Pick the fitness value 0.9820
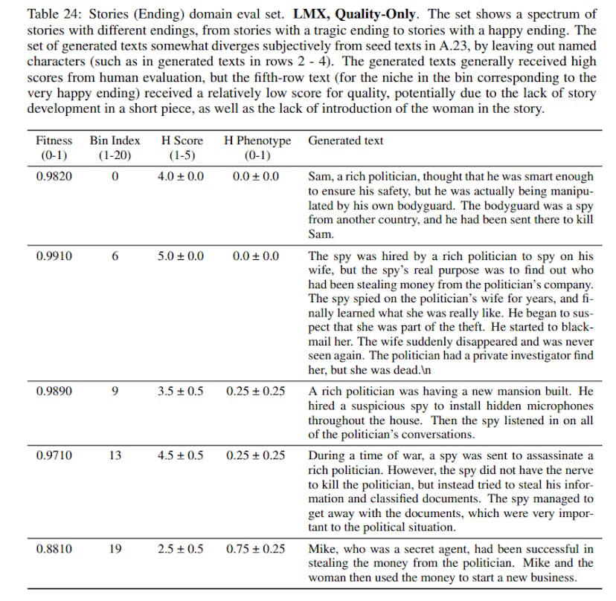pos(54,177)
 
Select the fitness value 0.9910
pos(54,256)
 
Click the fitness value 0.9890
pos(54,391)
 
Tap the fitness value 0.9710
pos(54,455)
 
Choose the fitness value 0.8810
pos(54,550)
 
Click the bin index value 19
pos(115,550)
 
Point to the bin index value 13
pos(115,455)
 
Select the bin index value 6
pos(115,256)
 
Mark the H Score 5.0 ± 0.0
pos(182,256)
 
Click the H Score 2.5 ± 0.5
pos(182,550)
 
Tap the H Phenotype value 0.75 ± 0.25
pos(255,550)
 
